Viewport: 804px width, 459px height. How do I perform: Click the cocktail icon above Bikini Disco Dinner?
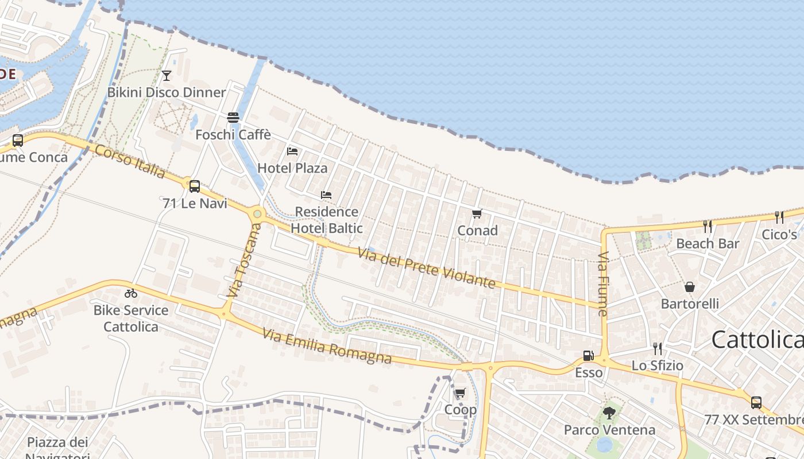point(167,75)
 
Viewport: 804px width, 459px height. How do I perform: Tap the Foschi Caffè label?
point(233,135)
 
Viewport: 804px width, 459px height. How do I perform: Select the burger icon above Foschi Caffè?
point(233,118)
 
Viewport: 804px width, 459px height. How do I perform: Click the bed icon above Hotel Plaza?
point(292,151)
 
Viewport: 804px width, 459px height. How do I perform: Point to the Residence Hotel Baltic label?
point(327,220)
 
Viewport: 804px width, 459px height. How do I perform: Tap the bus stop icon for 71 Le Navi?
point(195,186)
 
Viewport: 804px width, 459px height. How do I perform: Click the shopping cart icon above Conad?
point(477,214)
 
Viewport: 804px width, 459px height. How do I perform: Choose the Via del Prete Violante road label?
point(426,268)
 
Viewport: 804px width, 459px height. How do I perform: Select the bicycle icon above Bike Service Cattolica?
point(131,293)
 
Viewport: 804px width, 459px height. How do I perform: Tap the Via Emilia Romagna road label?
point(327,347)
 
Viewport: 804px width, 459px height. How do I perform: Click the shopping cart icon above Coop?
point(460,394)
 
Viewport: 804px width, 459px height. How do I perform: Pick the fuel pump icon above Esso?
point(588,356)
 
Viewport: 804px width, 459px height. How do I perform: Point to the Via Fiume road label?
point(603,284)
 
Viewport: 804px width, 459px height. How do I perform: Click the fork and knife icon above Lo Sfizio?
point(658,348)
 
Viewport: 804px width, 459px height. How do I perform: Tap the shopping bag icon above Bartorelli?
point(690,286)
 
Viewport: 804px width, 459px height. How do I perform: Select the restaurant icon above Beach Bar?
point(708,227)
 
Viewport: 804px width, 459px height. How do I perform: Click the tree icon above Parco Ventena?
point(609,413)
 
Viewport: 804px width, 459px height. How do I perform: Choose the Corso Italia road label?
point(130,161)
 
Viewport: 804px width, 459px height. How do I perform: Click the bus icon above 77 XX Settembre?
point(756,403)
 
